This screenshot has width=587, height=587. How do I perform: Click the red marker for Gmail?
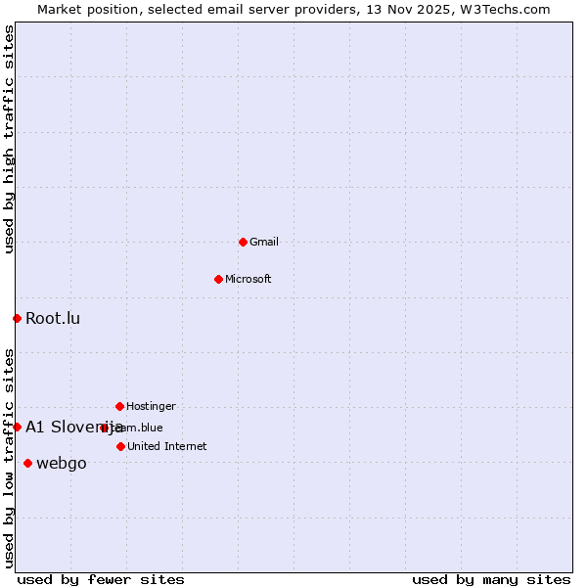point(243,242)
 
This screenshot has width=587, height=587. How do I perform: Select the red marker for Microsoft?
point(218,279)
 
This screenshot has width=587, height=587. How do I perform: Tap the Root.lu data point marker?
point(17,318)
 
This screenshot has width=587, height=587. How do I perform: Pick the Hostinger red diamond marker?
point(119,406)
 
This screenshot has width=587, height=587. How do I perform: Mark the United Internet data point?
point(120,446)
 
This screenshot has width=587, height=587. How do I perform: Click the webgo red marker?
point(27,463)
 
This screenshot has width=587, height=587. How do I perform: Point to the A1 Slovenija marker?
point(17,427)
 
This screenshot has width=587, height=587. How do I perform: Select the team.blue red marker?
point(104,428)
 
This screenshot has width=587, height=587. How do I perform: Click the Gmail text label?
point(264,242)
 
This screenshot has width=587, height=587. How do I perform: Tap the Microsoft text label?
point(248,279)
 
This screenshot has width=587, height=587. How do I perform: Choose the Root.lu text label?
point(53,318)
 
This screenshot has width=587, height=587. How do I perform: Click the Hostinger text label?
point(152,406)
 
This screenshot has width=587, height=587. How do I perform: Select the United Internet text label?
point(167,446)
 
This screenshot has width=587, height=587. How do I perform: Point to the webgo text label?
point(62,463)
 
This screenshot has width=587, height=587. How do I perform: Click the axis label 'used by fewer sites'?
point(101,579)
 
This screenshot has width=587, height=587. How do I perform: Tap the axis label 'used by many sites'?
point(491,579)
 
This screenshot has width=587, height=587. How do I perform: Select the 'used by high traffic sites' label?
point(9,139)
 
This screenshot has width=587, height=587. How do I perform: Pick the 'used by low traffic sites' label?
point(9,458)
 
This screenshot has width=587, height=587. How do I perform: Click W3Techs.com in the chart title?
point(505,9)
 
